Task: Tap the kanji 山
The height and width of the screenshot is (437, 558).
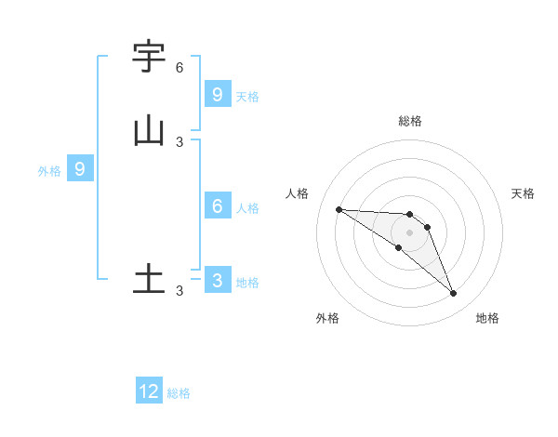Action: tap(149, 131)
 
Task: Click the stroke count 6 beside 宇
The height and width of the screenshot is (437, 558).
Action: tap(179, 68)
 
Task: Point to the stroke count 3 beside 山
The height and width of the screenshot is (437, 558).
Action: tap(179, 142)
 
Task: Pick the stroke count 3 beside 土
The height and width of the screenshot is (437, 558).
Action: tap(179, 291)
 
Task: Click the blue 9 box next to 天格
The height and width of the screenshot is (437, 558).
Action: tap(217, 94)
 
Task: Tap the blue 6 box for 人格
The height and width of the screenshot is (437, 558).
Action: tap(217, 206)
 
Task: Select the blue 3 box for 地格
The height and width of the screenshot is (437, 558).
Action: tap(217, 281)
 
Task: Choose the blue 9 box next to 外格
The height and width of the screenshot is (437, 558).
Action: tap(80, 169)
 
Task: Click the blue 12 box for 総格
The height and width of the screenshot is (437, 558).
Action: tap(149, 391)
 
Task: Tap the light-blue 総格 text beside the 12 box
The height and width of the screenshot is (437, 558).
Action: tap(179, 393)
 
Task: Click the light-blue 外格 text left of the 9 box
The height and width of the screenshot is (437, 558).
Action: tap(48, 171)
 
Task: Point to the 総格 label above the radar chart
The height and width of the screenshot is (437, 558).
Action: tap(409, 121)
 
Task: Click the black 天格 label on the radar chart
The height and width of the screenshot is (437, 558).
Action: tap(523, 193)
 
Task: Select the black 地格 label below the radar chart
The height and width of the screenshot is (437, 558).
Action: tap(487, 318)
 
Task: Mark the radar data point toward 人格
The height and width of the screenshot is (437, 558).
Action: tap(339, 209)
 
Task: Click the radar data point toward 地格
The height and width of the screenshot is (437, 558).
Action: tap(454, 294)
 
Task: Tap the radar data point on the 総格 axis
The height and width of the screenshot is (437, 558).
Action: tap(409, 215)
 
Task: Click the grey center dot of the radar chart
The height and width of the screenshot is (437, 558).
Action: tap(409, 232)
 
